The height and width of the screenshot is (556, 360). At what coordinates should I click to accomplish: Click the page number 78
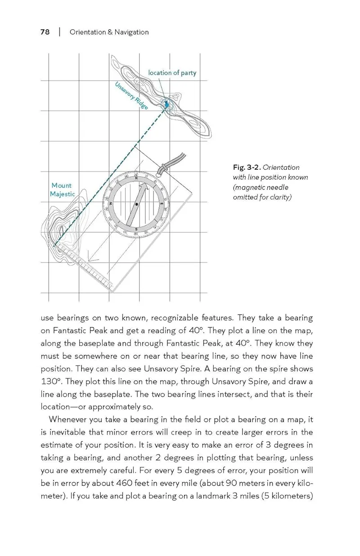tap(45, 32)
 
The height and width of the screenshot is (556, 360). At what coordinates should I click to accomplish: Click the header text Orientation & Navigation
tap(109, 32)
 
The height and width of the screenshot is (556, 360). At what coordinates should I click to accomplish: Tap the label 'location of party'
tap(172, 73)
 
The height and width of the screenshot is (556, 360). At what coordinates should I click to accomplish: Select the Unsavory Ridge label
tap(131, 96)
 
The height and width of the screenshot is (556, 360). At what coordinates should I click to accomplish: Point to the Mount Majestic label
tap(62, 190)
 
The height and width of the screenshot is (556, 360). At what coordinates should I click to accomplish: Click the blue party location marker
tap(166, 105)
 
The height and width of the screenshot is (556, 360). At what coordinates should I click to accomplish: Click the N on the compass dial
tap(137, 178)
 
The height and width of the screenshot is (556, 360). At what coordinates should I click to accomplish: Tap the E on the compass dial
tap(161, 204)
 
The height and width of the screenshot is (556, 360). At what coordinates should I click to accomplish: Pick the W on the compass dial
tap(110, 203)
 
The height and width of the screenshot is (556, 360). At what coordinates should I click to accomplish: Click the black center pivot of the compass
tap(135, 203)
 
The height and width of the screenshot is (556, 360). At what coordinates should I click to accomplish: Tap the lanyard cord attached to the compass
tap(173, 162)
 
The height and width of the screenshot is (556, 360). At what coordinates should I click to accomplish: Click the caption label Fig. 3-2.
tap(247, 167)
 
